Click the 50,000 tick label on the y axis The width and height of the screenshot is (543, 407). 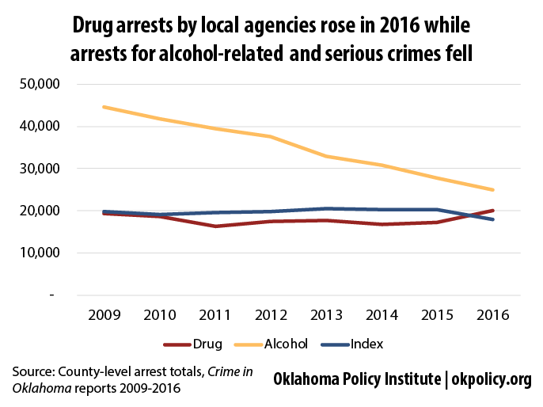[40, 84]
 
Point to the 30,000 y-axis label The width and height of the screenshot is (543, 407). [40, 169]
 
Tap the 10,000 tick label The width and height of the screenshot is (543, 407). [40, 253]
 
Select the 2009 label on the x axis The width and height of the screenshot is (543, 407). [104, 315]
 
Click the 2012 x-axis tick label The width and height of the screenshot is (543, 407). [271, 315]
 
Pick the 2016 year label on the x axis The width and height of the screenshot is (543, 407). [493, 315]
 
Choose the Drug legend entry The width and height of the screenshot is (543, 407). [192, 344]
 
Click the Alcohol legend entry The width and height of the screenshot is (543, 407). [271, 344]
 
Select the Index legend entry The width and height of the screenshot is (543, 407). [352, 344]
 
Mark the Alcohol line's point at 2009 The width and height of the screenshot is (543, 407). [104, 107]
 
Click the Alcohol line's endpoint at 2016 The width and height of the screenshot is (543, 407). [493, 190]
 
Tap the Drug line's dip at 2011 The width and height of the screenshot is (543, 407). [215, 226]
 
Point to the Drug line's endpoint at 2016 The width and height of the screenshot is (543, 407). [493, 211]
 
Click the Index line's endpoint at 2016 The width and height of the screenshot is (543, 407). [493, 219]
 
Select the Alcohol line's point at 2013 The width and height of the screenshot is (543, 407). [326, 156]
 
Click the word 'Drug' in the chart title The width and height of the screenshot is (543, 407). [93, 26]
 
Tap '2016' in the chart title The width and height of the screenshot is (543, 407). [400, 25]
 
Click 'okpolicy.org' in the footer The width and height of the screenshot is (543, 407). [492, 379]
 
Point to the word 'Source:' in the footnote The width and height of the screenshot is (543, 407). [33, 371]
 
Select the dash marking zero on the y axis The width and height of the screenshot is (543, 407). [52, 295]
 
